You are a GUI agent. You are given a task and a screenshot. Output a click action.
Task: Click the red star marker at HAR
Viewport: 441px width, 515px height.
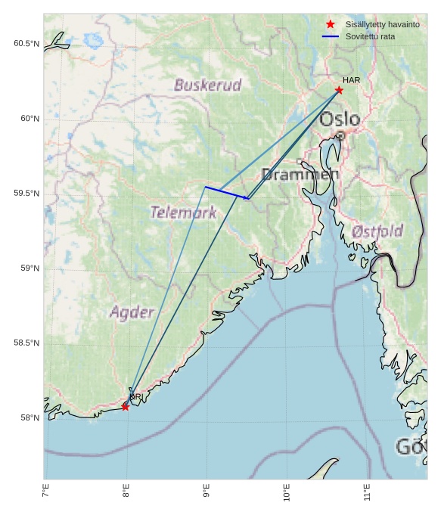pos(339,90)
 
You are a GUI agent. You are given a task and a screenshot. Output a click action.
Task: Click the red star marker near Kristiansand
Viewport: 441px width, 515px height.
pos(125,407)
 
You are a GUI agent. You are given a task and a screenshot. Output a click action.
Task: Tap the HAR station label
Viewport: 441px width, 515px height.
pos(351,80)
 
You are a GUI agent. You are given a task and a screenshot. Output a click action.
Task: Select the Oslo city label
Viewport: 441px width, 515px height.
pos(340,119)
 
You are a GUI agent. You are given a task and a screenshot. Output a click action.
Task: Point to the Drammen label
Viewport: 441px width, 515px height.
pos(300,175)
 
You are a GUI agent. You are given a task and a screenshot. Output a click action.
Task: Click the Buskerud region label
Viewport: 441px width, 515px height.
pos(208,85)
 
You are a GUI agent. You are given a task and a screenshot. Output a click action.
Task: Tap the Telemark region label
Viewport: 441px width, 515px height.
pos(183,213)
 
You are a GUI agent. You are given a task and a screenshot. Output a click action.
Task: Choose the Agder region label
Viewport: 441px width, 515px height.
pos(132,312)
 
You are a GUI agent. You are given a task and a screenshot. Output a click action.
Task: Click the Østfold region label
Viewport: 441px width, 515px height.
pos(378,231)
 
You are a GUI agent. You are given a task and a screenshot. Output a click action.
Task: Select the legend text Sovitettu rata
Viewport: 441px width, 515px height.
pos(370,36)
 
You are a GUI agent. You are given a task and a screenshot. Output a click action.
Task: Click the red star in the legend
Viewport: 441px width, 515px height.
pos(330,24)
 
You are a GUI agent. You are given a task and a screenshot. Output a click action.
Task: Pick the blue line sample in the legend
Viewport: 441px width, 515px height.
pos(330,36)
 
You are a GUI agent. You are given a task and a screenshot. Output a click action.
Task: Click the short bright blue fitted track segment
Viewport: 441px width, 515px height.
pos(226,193)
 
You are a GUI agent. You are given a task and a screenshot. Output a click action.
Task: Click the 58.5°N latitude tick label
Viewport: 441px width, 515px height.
pos(26,343)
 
